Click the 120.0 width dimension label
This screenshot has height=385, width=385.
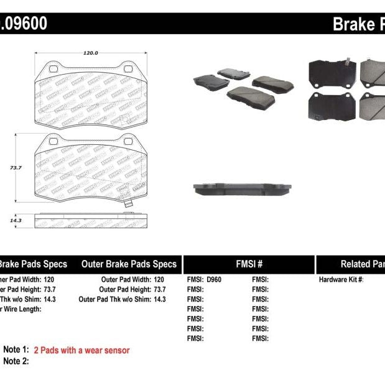91,53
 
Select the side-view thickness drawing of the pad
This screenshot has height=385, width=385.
91,221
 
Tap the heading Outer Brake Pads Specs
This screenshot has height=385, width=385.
129,264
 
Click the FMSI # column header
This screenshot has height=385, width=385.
249,264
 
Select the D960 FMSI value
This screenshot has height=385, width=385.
213,280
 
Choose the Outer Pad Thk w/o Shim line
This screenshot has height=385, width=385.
123,299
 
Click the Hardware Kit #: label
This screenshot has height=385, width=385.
341,280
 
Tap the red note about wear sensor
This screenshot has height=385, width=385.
81,350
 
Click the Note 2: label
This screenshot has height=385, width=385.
16,361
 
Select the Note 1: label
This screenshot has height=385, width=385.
16,350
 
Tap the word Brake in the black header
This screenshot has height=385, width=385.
353,24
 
